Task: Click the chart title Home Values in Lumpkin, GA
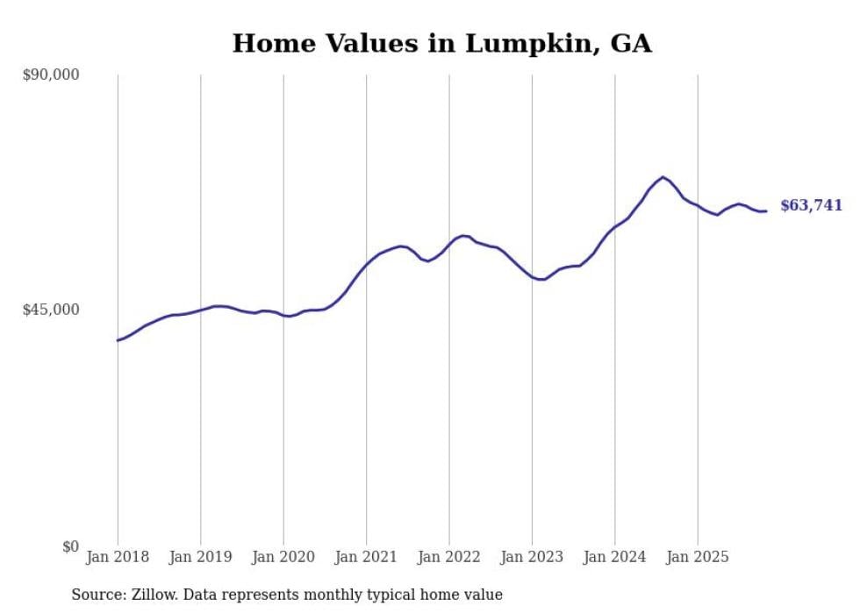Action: tap(441, 43)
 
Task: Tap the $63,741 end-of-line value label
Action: tap(811, 206)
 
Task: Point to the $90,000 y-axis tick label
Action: tap(50, 75)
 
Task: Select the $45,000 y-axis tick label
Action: tap(50, 310)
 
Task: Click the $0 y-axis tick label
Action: tap(69, 546)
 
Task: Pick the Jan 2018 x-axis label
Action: tap(118, 557)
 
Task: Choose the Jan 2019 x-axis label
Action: tap(200, 557)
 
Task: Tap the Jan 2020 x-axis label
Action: tap(283, 557)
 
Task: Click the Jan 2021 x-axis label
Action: tap(366, 557)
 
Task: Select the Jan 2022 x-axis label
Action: tap(448, 557)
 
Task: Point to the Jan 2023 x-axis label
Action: tap(532, 557)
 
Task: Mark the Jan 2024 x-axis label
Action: tap(614, 557)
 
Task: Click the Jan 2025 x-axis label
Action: tap(698, 557)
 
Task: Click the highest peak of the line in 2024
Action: tap(663, 177)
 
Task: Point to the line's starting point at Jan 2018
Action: tap(118, 340)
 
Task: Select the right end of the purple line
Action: tap(766, 210)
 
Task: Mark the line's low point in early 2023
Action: tap(543, 280)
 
